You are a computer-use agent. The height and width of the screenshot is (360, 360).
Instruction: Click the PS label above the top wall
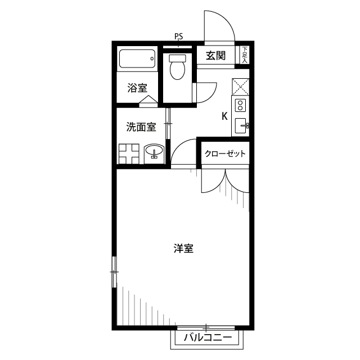[179, 37]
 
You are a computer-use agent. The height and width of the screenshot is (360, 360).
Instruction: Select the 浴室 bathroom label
[137, 88]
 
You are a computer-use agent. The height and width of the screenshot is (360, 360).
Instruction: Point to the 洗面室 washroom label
[141, 127]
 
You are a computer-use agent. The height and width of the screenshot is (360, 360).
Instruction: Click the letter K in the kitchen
[224, 117]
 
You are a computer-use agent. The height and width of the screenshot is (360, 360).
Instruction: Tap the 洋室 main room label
[183, 248]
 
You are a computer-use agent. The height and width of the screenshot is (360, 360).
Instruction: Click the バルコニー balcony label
[208, 338]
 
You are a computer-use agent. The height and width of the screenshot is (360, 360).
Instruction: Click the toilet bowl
[177, 69]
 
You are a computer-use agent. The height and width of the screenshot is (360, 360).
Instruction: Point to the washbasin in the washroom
[154, 151]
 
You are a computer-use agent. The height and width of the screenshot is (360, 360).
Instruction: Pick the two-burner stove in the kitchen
[240, 105]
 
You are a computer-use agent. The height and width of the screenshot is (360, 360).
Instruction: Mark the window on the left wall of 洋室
[114, 272]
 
